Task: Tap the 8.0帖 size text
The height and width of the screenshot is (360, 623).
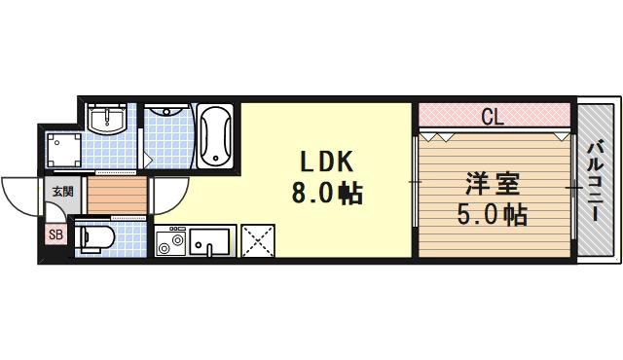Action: (324, 195)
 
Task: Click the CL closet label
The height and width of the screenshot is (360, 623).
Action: (493, 119)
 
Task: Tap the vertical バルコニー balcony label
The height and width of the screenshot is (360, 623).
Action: (596, 181)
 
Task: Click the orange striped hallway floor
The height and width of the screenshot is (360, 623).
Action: (115, 195)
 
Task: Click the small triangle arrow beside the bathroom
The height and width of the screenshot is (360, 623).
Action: (148, 155)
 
